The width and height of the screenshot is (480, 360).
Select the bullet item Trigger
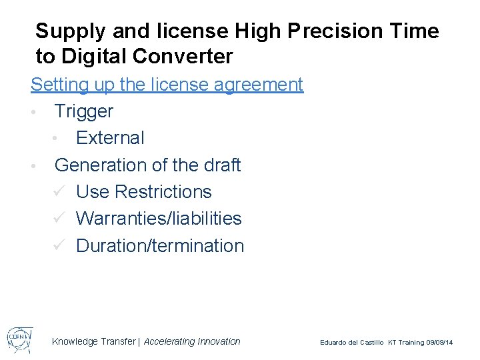pyautogui.click(x=84, y=112)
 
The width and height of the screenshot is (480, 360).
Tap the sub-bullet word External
pyautogui.click(x=110, y=138)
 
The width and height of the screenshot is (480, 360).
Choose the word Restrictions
pyautogui.click(x=163, y=192)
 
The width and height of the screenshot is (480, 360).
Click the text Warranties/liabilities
pyautogui.click(x=159, y=219)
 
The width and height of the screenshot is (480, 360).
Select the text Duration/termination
pyautogui.click(x=160, y=246)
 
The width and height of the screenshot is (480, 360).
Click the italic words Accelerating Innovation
pyautogui.click(x=192, y=341)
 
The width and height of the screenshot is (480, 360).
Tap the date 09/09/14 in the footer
pyautogui.click(x=439, y=343)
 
